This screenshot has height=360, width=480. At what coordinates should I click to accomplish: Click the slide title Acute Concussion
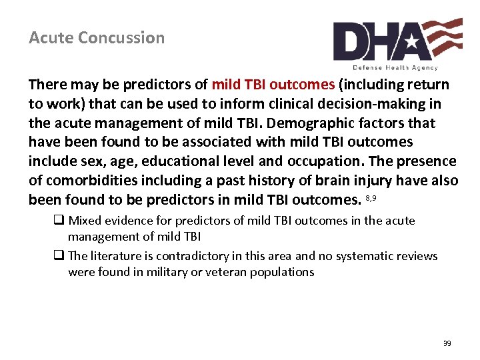coord(97,38)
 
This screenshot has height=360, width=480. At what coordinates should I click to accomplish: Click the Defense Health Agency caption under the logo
coord(395,67)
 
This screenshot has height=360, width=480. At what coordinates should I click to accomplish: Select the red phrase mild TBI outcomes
coord(273,85)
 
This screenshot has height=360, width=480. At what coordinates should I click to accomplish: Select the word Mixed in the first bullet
coord(85,221)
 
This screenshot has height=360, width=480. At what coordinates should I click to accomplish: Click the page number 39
coord(447,343)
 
